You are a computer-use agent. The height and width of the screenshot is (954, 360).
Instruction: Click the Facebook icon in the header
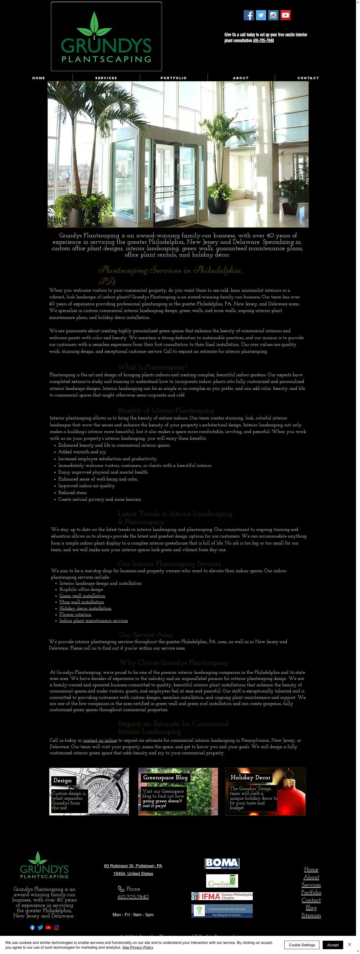(249, 15)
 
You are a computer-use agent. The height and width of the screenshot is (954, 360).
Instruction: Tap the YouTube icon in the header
(285, 15)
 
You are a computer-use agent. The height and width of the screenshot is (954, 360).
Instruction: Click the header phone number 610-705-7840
(263, 41)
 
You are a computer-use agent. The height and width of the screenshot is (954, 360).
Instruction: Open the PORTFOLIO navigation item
(173, 78)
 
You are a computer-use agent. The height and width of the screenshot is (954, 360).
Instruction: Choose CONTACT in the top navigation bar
(308, 78)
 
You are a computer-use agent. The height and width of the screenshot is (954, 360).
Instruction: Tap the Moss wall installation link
(82, 602)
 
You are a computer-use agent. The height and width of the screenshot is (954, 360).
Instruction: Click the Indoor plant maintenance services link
(93, 621)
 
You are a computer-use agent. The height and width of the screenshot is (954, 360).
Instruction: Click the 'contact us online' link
(100, 740)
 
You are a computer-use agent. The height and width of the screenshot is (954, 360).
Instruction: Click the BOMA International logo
(222, 863)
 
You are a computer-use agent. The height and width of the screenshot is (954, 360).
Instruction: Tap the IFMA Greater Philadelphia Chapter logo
(222, 896)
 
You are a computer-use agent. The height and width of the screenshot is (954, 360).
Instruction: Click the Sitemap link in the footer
(311, 916)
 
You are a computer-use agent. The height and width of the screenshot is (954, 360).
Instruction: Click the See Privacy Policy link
(138, 947)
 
